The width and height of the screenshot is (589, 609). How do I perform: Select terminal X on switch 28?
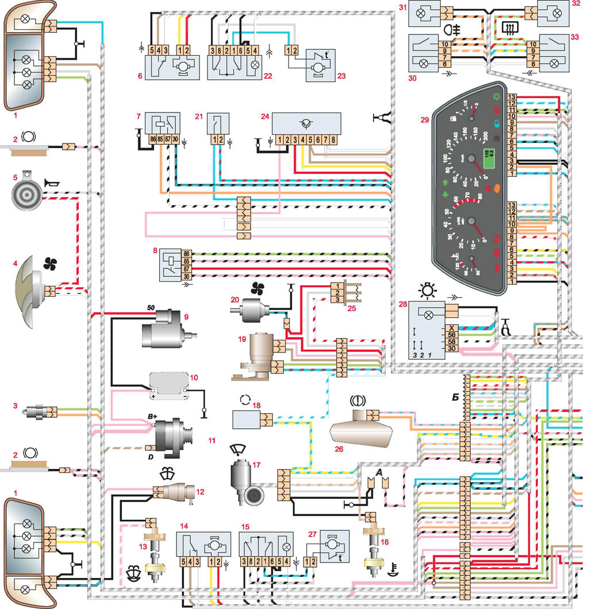point(452,329)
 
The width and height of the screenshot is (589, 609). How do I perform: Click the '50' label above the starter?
point(151,309)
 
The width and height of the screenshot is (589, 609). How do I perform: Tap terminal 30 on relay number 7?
point(175,139)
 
